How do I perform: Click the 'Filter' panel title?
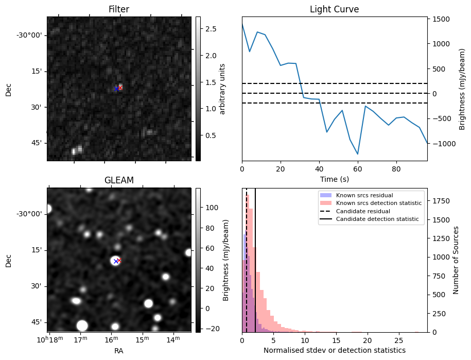(118, 9)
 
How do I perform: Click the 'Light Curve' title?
(334, 9)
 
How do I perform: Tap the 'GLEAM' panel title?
(118, 180)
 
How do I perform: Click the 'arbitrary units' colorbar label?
(222, 89)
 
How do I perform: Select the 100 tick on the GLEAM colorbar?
(208, 208)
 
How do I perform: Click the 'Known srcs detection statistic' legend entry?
(378, 203)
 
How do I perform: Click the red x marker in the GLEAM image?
(119, 261)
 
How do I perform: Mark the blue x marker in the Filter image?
(116, 89)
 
